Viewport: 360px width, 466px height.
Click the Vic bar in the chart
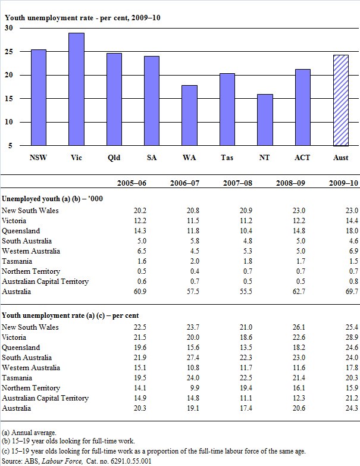(x=76, y=89)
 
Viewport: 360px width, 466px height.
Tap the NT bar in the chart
(x=265, y=120)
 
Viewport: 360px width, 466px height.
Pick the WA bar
(x=190, y=115)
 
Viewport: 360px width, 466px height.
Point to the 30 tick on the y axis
(x=9, y=28)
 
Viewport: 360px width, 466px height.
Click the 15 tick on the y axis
(x=9, y=99)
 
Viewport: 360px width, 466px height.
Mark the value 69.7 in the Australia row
(x=351, y=292)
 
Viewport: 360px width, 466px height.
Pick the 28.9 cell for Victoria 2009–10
(x=351, y=337)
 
